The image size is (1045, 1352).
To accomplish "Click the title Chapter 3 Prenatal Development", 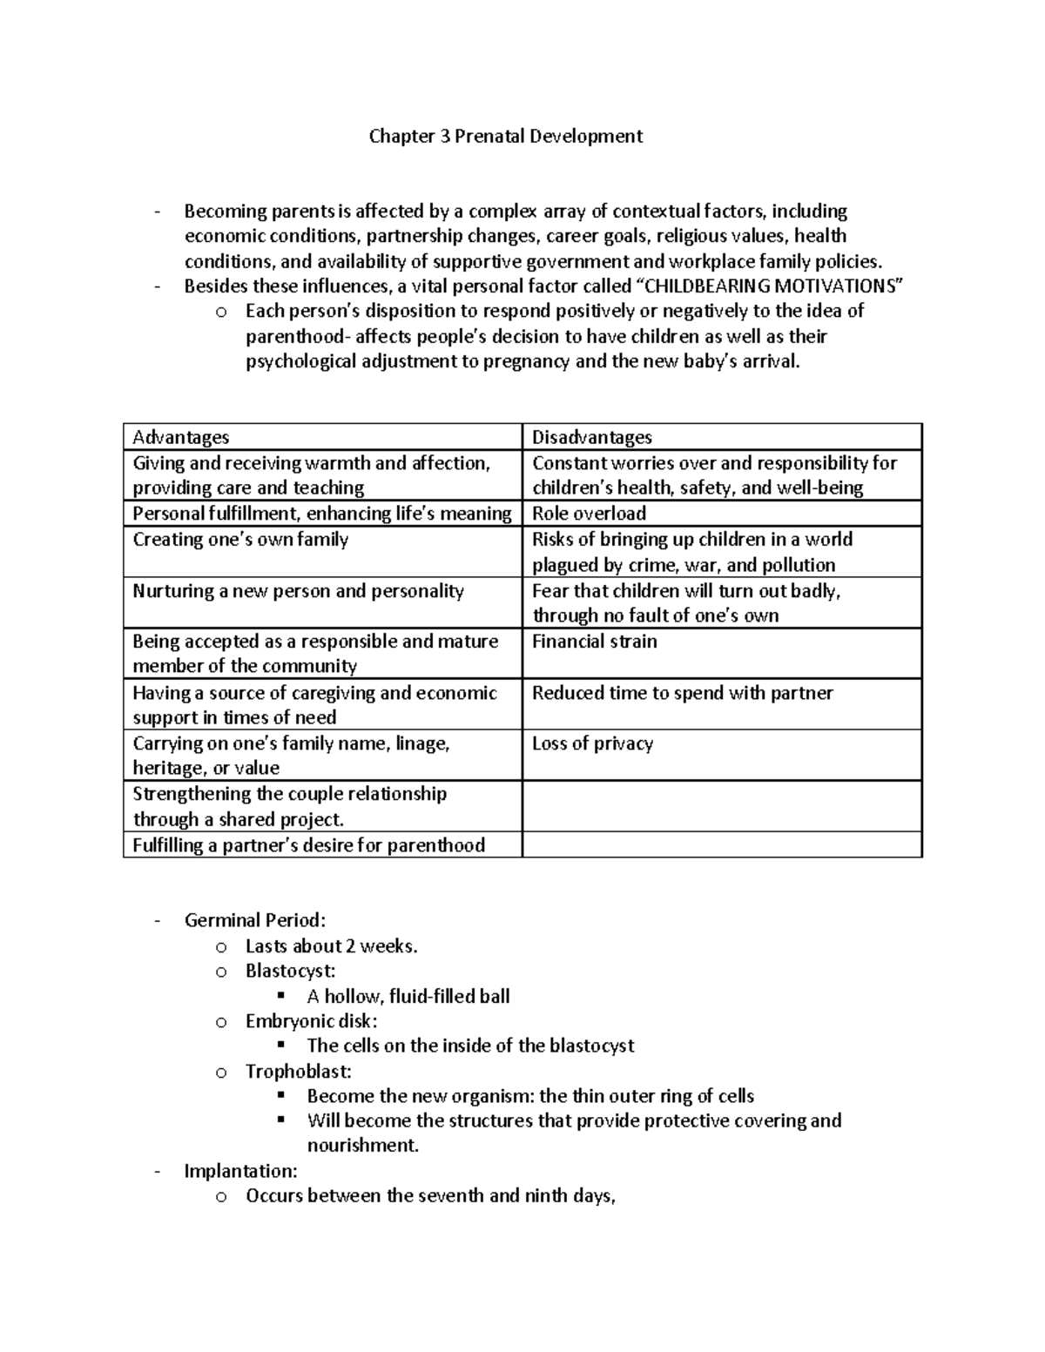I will [x=506, y=137].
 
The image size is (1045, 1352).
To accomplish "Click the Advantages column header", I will [x=181, y=437].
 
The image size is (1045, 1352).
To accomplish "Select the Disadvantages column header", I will [x=592, y=437].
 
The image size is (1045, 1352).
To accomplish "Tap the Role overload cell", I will [x=589, y=514].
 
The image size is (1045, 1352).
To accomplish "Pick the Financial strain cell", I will [x=595, y=642].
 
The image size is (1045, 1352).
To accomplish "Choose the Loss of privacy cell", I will [x=592, y=743].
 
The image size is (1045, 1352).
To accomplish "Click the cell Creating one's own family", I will [x=240, y=540].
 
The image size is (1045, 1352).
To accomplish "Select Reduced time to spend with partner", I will [x=683, y=693].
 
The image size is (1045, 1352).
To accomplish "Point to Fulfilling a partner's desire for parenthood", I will [x=308, y=845].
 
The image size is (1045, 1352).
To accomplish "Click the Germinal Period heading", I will [x=255, y=920].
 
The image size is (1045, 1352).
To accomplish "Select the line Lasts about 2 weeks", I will [x=332, y=946].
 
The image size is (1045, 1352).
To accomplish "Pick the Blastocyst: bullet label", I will [x=290, y=971].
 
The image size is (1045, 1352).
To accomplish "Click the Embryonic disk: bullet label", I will [x=312, y=1021].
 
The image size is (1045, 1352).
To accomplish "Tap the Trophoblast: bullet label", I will [x=299, y=1072].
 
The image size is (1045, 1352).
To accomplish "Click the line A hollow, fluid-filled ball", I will [x=408, y=996].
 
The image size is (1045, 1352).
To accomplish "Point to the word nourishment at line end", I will [x=362, y=1146].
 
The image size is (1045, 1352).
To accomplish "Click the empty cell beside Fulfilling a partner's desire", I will [x=721, y=845].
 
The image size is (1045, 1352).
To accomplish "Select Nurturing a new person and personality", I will [x=299, y=591].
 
